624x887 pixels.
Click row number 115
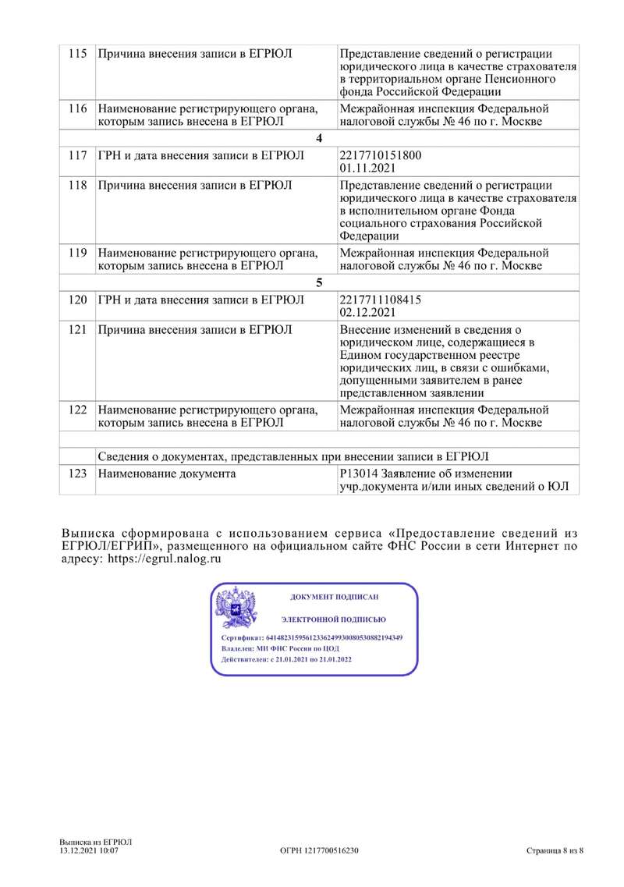point(76,54)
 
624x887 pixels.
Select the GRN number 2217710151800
point(380,154)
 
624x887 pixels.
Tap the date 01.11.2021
point(366,167)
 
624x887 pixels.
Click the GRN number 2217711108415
point(380,301)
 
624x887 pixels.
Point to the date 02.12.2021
point(367,314)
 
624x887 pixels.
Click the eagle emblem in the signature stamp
point(236,608)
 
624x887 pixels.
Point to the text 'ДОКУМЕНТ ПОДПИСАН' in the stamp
point(334,597)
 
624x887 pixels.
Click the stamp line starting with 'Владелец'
point(281,648)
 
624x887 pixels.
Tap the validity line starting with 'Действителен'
point(286,659)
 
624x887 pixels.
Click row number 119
point(76,253)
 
